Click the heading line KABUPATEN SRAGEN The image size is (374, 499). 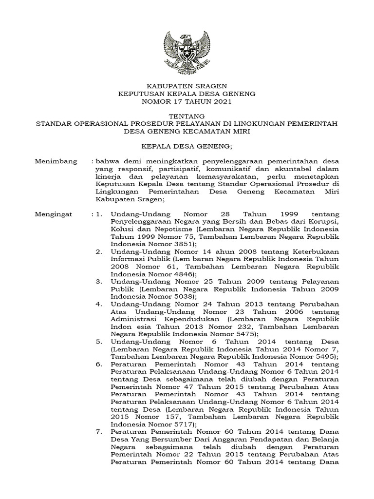point(187,86)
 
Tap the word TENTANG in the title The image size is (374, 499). point(187,116)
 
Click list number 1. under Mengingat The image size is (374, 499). point(99,214)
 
